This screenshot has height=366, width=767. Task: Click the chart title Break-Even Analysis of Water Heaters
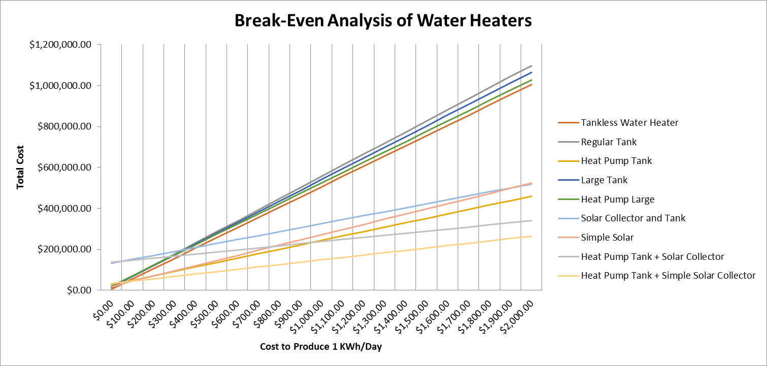[382, 21]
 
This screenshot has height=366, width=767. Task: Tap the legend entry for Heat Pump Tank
[616, 161]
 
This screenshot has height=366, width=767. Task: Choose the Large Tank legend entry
[604, 180]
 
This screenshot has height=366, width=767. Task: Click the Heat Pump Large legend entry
[618, 199]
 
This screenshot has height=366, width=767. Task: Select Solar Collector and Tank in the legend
[633, 218]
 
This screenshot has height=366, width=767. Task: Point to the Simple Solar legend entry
[607, 238]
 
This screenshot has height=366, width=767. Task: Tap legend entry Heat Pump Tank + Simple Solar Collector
[668, 276]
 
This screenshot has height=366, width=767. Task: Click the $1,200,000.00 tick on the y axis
[60, 45]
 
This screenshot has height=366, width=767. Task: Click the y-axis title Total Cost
[20, 168]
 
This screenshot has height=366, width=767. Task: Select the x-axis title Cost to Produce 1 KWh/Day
[321, 347]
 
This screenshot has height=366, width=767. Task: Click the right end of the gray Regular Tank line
[531, 65]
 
